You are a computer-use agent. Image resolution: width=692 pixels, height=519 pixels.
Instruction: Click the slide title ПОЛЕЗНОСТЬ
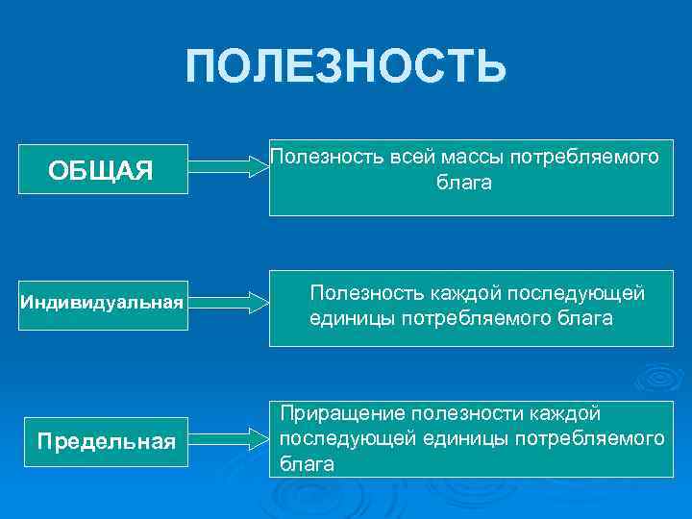click(346, 67)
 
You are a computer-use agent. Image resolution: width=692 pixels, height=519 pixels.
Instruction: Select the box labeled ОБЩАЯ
click(101, 171)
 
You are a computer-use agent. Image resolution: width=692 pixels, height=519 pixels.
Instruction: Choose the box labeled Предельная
click(106, 441)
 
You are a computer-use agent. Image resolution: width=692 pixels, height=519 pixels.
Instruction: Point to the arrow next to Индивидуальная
click(231, 303)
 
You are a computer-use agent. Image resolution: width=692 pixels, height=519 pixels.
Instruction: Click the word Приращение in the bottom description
click(341, 414)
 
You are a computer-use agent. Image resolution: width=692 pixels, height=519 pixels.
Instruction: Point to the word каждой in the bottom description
click(567, 414)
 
